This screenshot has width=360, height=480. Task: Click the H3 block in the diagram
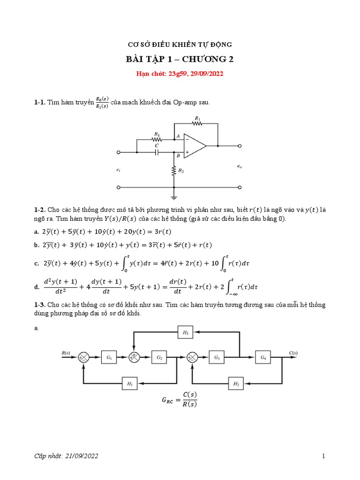point(186,333)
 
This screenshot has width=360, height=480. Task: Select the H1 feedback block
point(130,384)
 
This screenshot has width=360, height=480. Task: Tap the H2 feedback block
point(236,384)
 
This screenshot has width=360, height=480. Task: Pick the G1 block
point(109,358)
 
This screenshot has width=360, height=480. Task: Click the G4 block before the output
point(263,358)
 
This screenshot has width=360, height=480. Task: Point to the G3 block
point(217,358)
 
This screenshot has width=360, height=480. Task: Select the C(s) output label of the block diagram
point(294,352)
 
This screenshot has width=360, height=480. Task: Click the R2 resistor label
point(181,171)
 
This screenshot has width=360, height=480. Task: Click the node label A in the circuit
point(178,136)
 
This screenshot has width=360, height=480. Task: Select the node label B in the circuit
point(178,155)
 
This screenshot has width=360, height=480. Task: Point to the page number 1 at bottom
point(323,456)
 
